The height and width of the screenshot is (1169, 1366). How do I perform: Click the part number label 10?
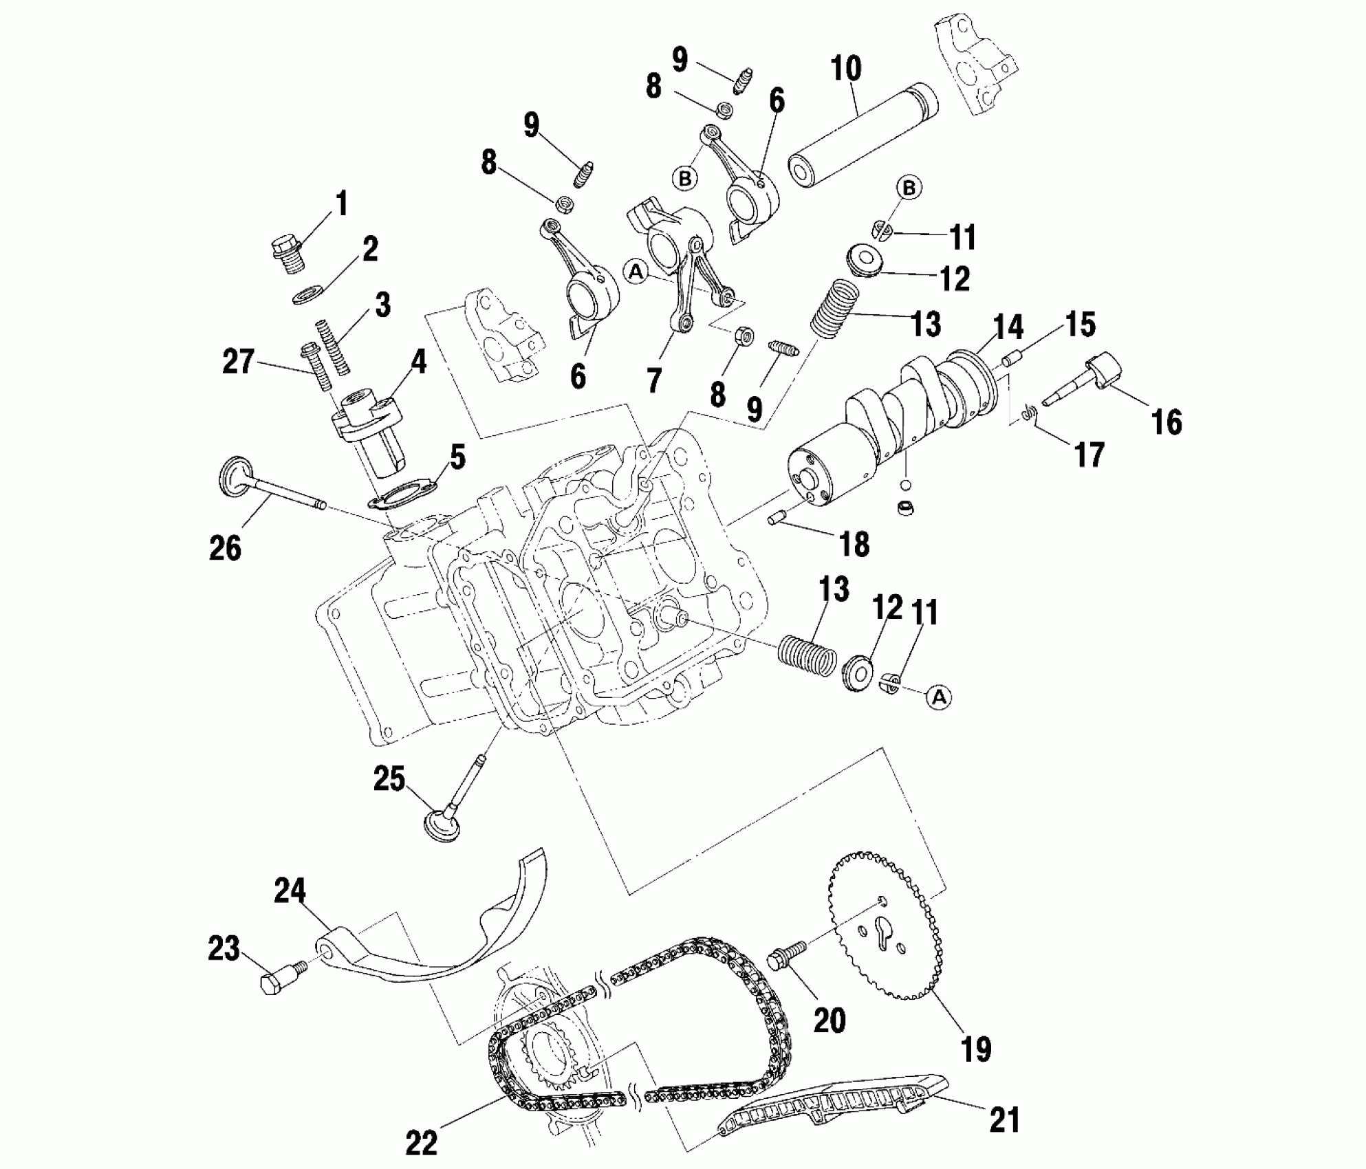[845, 69]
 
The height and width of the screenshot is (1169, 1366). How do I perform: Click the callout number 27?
[238, 362]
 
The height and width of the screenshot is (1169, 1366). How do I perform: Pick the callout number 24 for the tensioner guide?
[290, 891]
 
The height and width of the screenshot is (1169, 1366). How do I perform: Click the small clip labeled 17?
[1027, 413]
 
